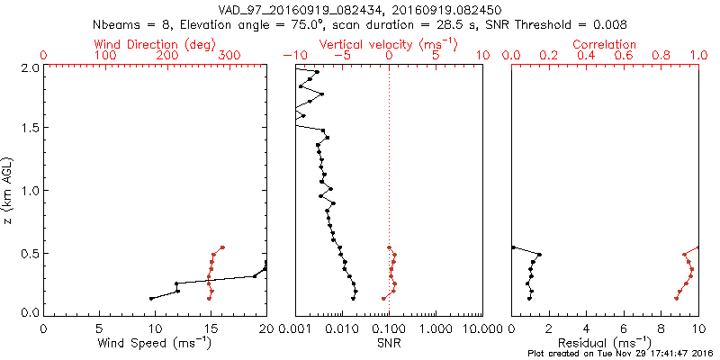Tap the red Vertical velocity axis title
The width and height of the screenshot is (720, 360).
388,43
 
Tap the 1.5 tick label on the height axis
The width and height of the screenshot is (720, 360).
30,129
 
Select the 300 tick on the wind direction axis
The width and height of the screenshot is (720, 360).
229,56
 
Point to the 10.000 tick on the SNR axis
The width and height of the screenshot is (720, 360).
480,328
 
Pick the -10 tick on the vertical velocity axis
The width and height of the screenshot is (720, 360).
292,56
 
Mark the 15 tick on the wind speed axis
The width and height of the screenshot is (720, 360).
210,328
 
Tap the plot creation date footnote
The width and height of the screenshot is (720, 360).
620,354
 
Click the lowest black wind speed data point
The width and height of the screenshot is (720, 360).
151,298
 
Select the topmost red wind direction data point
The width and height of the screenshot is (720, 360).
222,247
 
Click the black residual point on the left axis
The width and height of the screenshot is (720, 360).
512,247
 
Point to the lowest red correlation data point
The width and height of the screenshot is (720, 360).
676,298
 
